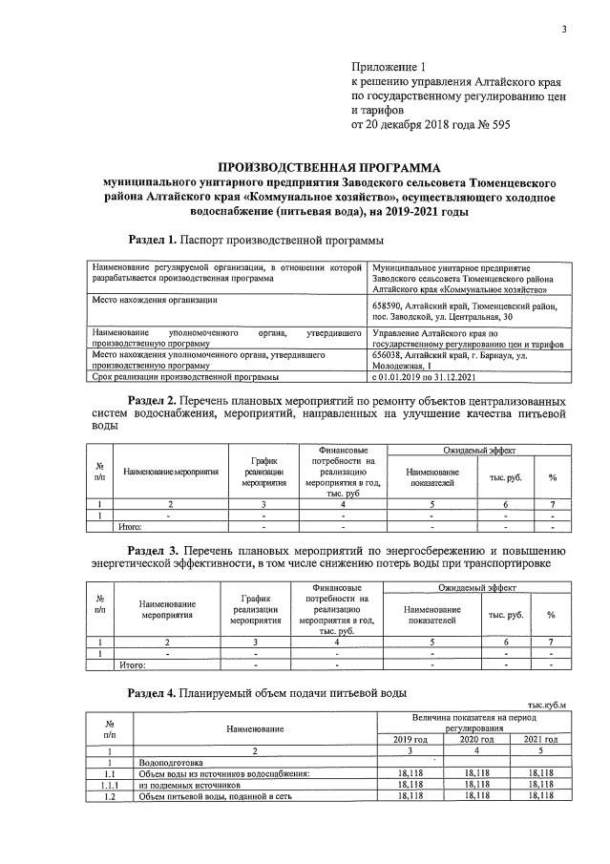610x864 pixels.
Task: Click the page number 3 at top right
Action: (x=564, y=30)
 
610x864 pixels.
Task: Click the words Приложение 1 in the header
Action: (x=388, y=68)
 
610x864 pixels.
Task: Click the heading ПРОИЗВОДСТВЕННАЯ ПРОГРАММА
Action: (x=319, y=165)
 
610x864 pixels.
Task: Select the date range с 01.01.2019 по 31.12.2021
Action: (x=427, y=377)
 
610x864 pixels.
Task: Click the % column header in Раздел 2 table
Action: (x=552, y=477)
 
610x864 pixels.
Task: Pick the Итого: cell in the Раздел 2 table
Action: (x=129, y=526)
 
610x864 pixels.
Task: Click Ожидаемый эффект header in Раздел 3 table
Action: (x=473, y=593)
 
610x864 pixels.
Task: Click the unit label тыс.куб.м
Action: (x=547, y=706)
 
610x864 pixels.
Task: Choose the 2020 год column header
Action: (x=474, y=739)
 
